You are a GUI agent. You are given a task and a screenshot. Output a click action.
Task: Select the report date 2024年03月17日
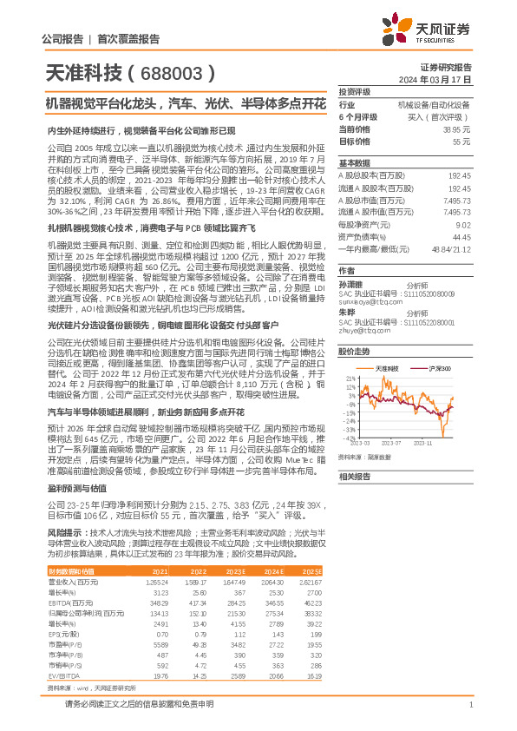click(443, 78)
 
